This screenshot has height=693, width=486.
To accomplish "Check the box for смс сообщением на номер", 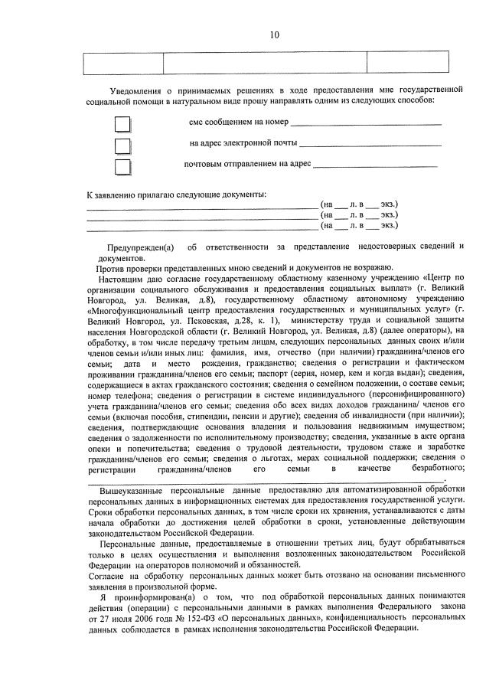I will (122, 124).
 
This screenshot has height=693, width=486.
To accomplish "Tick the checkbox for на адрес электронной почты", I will (122, 145).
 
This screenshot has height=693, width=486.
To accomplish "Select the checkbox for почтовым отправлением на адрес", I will (122, 166).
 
